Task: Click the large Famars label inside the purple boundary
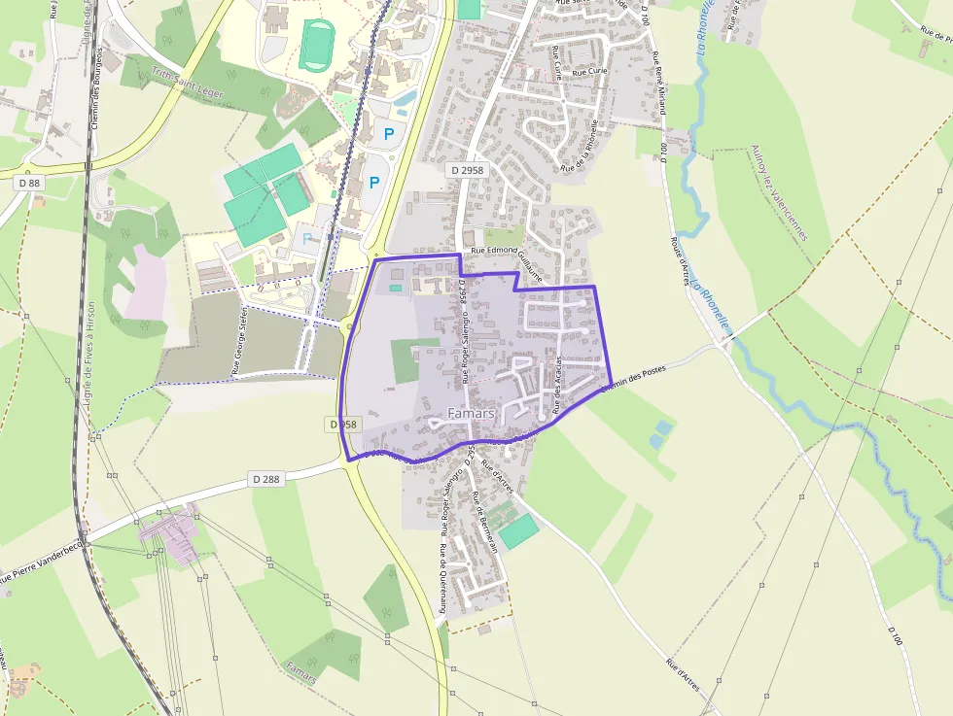[471, 414]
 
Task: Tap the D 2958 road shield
[467, 170]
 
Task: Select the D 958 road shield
[343, 425]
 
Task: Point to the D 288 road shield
[266, 479]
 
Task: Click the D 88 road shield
[29, 182]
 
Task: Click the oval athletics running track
[315, 45]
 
